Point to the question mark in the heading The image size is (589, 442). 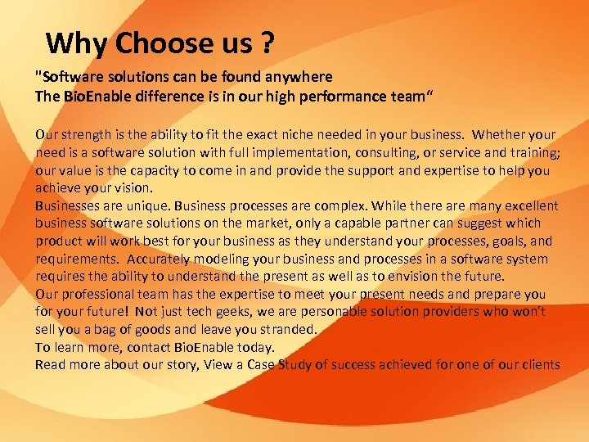266,43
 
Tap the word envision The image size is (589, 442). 425,277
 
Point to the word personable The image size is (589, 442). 311,313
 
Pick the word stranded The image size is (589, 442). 288,330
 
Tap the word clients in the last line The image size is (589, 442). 540,365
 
